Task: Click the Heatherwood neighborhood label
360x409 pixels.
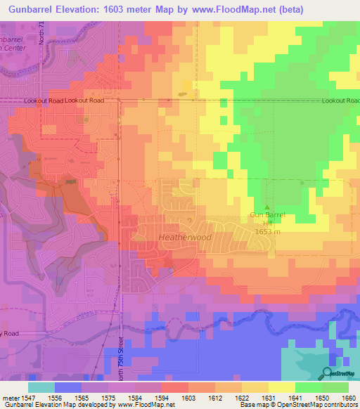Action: tap(186, 238)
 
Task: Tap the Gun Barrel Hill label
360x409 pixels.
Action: tap(261, 219)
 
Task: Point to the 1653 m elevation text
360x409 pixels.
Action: tap(262, 231)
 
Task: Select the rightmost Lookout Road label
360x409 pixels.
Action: tap(339, 101)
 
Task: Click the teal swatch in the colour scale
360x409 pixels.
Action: tap(41, 387)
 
